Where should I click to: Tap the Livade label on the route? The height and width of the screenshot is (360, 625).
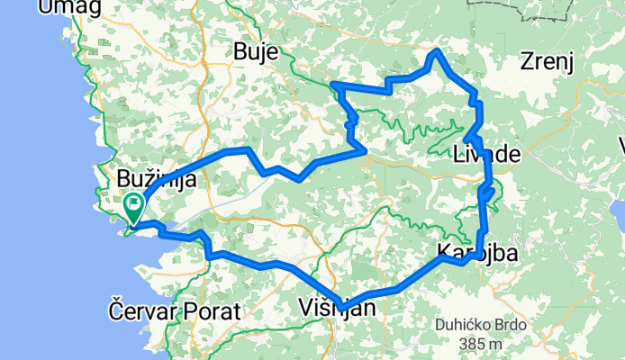point(487,154)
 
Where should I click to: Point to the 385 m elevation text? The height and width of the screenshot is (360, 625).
point(479,344)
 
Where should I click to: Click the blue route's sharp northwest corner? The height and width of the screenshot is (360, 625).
point(334,85)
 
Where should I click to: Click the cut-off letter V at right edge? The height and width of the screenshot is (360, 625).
point(621,144)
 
